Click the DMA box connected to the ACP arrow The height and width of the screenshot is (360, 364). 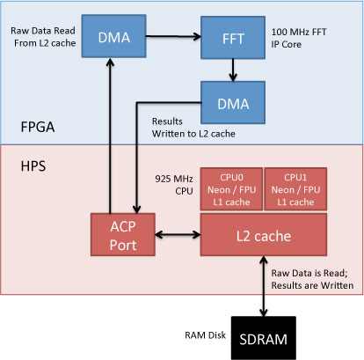[x=113, y=36]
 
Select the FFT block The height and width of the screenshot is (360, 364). [x=233, y=38]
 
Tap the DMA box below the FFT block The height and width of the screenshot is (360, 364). [x=233, y=102]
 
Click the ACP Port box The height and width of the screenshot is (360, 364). [x=123, y=234]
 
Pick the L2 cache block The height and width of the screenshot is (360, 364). [x=264, y=234]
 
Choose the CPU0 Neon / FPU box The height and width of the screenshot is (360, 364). [x=231, y=189]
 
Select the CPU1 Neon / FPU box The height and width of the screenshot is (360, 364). [x=295, y=189]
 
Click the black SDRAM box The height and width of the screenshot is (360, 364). [x=264, y=338]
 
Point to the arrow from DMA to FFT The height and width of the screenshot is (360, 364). [x=173, y=36]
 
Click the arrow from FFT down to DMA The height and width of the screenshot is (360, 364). [x=233, y=70]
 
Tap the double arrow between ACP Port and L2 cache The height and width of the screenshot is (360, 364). [x=178, y=234]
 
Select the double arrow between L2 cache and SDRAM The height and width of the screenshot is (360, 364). [x=264, y=286]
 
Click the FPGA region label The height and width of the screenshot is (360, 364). [x=38, y=127]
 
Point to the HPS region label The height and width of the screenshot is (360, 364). [x=33, y=166]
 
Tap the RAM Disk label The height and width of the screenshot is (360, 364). [x=205, y=335]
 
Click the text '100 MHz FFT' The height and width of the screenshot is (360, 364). [x=299, y=32]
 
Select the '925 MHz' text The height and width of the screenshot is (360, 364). [x=174, y=179]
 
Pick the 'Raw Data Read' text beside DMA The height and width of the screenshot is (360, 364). [x=43, y=31]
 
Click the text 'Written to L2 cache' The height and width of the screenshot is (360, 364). [x=193, y=134]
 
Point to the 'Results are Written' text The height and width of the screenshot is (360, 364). [x=312, y=285]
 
